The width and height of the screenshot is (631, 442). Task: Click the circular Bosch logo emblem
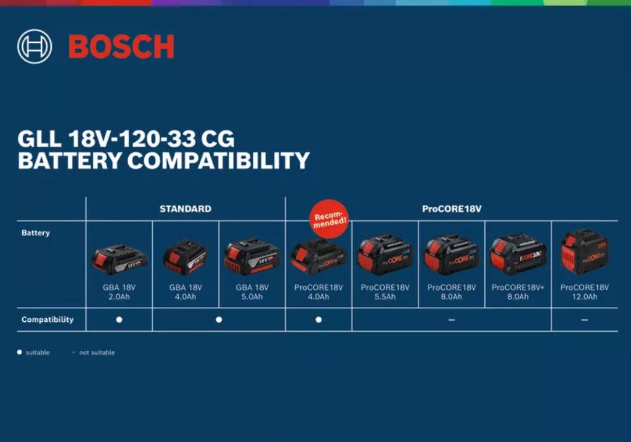(35, 46)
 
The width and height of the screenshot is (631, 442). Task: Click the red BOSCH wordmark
(121, 47)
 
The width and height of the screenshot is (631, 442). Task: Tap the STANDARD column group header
(185, 208)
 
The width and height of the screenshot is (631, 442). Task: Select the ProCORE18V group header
(452, 208)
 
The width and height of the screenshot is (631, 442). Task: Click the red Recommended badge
(329, 219)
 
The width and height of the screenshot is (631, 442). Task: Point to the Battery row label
(36, 232)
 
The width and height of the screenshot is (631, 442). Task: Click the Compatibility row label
(47, 319)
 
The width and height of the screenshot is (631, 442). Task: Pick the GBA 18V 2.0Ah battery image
(119, 259)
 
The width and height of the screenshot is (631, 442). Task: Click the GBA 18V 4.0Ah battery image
(185, 258)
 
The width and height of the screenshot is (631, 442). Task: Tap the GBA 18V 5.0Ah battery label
(252, 292)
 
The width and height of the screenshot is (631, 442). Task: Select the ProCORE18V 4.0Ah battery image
(319, 256)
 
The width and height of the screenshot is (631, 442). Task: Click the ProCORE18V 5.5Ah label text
(385, 292)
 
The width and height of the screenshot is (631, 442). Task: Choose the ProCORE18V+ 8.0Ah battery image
(518, 255)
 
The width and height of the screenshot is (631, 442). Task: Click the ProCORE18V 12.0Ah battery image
(584, 252)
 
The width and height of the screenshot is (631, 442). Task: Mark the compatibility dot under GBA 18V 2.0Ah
(119, 319)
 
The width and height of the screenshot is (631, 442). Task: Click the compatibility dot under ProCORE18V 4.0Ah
(319, 319)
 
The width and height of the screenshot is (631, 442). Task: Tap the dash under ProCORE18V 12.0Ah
(585, 320)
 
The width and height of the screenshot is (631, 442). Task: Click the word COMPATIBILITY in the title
(219, 160)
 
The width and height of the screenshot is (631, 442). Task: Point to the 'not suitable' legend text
(97, 352)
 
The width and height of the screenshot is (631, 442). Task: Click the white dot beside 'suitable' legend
(19, 352)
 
